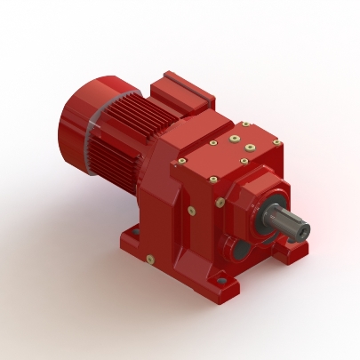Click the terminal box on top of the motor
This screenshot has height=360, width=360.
point(182,93)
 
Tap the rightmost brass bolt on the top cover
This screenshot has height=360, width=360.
point(276,142)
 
